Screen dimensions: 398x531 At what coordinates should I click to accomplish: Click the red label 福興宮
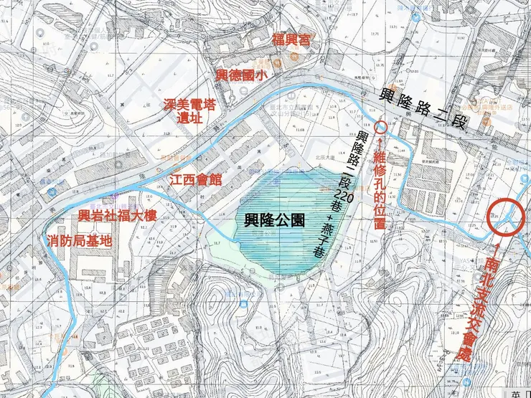pos(291,39)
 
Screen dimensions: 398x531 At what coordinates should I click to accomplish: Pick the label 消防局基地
pos(79,240)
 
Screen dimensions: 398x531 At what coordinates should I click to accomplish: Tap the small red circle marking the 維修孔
pos(381,127)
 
